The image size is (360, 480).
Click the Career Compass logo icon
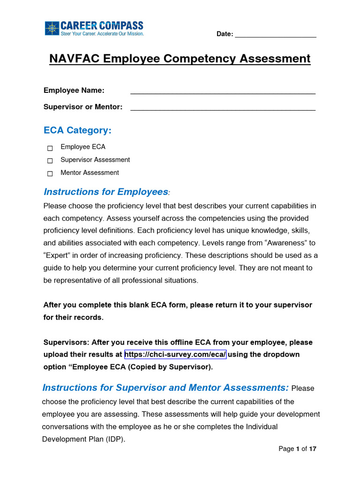tap(52, 28)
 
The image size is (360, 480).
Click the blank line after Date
tap(275, 35)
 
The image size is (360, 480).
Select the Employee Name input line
tap(223, 91)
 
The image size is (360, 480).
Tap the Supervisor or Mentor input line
tap(223, 107)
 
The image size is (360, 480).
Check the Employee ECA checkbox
tap(50, 148)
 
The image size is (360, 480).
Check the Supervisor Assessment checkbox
tap(50, 161)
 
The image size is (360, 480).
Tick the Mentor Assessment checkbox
tap(50, 173)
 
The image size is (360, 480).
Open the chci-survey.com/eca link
tap(175, 354)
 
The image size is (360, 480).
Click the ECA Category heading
tap(77, 130)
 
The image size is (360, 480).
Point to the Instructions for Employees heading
tap(105, 192)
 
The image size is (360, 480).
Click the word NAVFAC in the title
tap(75, 59)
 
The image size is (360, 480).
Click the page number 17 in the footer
tap(313, 449)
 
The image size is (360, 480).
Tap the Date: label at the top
tap(225, 34)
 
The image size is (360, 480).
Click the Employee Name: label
tap(74, 90)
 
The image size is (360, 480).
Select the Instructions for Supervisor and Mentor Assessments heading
tap(165, 388)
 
